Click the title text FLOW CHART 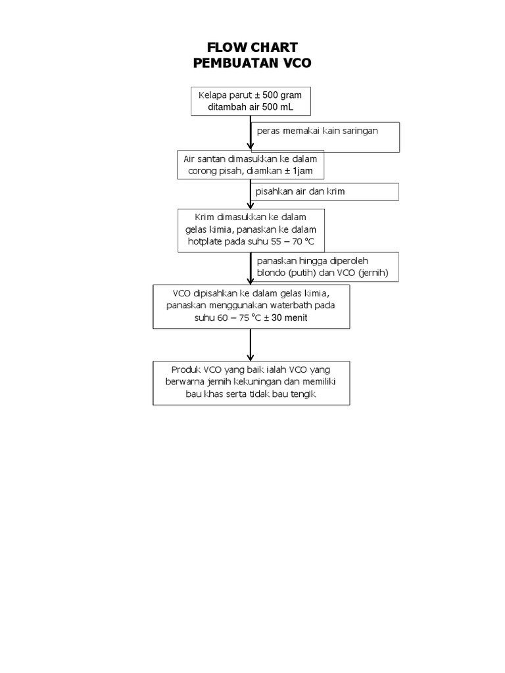point(252,47)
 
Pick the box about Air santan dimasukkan point(250,166)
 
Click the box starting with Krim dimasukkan point(251,230)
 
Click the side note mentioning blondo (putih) point(325,267)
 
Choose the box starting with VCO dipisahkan point(251,306)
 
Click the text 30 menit point(291,318)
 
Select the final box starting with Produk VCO point(251,383)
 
